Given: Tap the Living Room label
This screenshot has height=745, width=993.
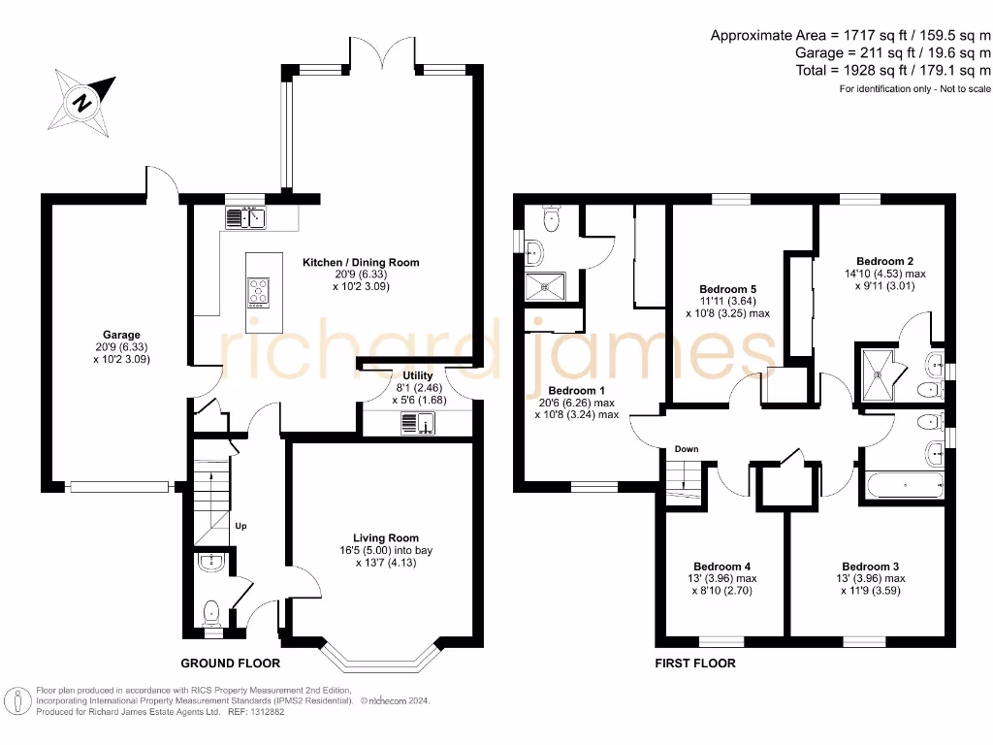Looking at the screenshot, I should coord(386,537).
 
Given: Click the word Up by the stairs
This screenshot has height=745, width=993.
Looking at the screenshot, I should coord(241,527).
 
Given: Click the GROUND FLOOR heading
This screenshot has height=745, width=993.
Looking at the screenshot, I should coord(231,664).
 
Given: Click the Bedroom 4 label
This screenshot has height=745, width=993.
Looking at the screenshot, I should coord(721,567).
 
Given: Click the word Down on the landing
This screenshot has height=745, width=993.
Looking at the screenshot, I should coord(686,449).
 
